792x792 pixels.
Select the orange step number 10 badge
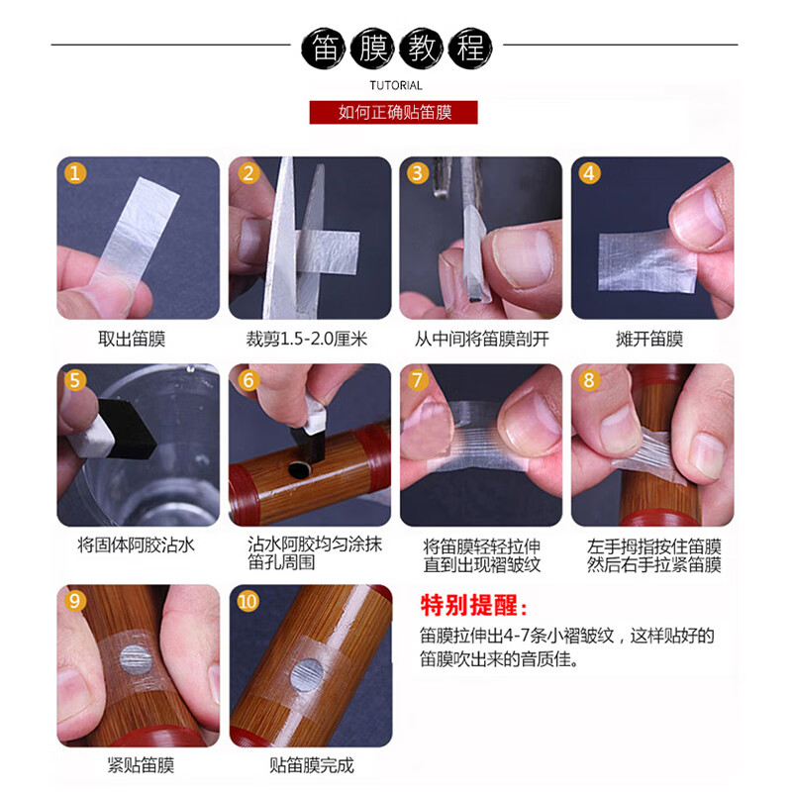tap(247, 602)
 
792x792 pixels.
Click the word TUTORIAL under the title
tap(395, 85)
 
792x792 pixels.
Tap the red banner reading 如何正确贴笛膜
tap(395, 112)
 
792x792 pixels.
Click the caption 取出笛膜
tap(132, 340)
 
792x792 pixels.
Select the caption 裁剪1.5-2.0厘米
tap(307, 340)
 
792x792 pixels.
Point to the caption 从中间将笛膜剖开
tap(481, 340)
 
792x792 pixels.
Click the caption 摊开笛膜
tap(649, 340)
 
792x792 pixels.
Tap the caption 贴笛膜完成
tap(311, 765)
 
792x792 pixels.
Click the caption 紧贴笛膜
tap(140, 765)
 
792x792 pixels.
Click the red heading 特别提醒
tap(473, 605)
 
